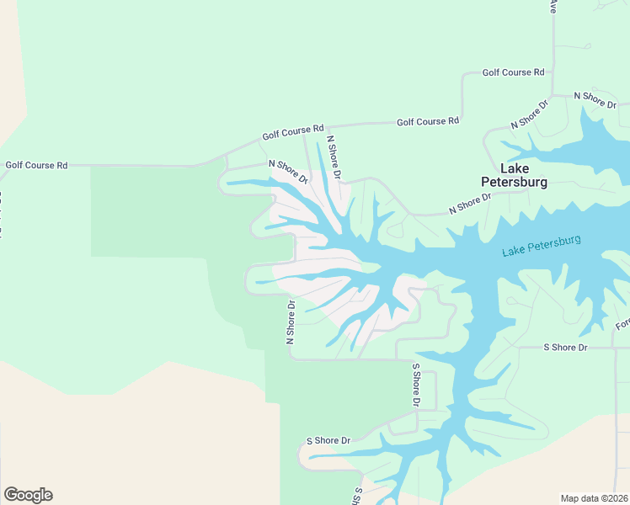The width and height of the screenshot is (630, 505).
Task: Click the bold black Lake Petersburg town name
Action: (513, 174)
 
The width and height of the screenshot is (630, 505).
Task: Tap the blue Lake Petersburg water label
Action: (541, 246)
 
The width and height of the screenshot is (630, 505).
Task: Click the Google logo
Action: (28, 495)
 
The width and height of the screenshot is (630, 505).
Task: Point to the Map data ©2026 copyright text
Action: (594, 497)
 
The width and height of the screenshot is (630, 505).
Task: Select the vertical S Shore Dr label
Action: (415, 385)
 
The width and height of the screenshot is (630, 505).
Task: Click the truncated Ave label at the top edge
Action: (553, 6)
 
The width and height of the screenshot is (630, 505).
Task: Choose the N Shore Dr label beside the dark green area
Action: (290, 322)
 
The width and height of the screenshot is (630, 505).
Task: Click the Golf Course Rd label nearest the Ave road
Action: (513, 72)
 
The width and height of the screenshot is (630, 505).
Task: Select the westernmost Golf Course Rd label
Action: (36, 165)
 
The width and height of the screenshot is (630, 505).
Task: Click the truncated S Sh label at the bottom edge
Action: (358, 496)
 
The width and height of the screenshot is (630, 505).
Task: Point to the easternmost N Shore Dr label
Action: (595, 98)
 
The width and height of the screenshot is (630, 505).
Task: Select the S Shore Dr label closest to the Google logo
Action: (328, 440)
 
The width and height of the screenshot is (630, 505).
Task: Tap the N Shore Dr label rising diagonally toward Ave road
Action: (530, 114)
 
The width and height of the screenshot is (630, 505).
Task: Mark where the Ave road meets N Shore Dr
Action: (553, 95)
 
